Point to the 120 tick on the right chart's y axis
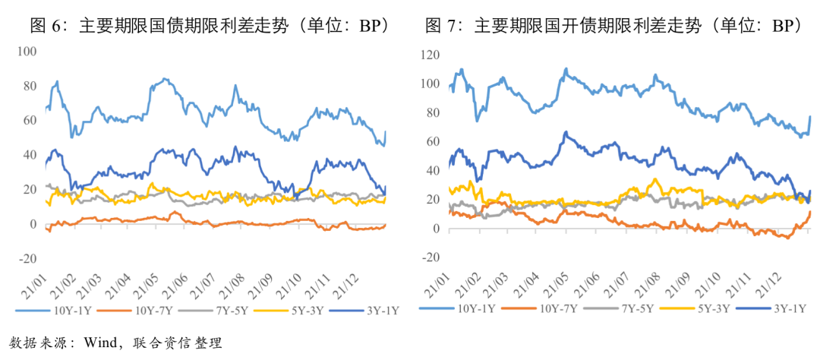430,55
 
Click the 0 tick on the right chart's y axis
437,229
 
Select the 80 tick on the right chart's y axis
433,112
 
